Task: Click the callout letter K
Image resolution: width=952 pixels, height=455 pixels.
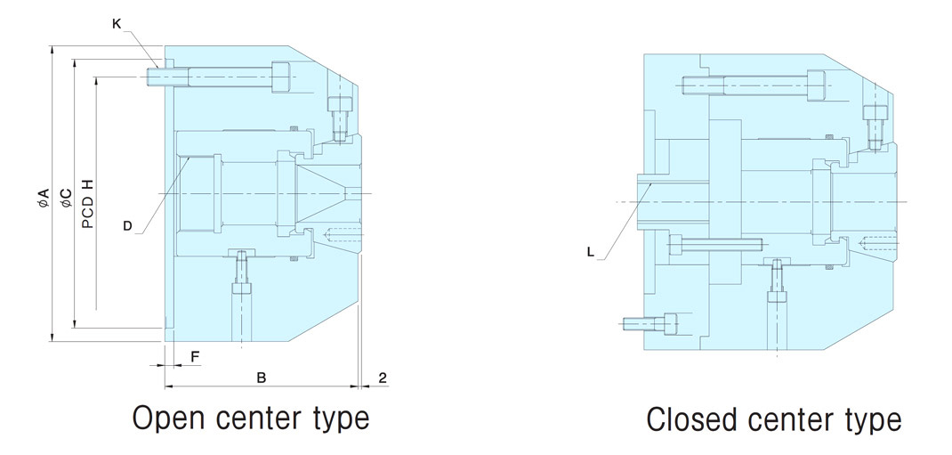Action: point(117,24)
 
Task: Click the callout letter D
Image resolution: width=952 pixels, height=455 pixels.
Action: point(127,226)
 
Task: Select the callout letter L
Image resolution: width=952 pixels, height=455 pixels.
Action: point(590,252)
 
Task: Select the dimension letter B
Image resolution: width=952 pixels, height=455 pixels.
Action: point(262,378)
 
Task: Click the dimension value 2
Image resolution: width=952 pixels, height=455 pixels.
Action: point(382,378)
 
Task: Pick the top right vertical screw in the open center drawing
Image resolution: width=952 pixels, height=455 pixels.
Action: point(339,116)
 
